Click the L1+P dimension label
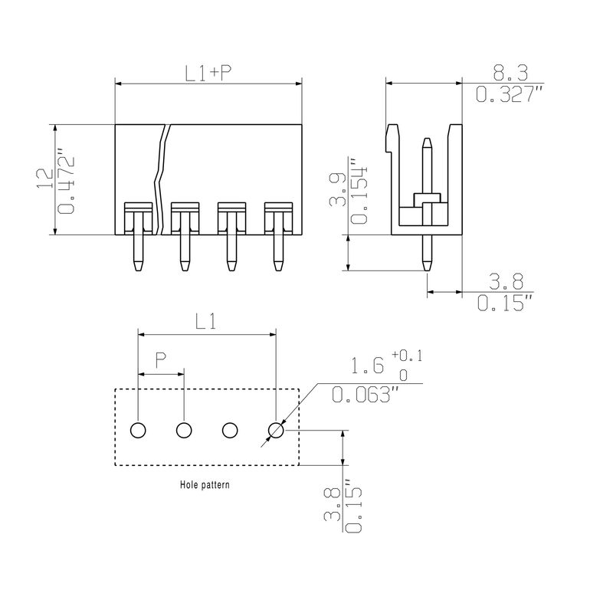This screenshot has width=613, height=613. click(208, 73)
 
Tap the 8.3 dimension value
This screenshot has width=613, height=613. click(510, 73)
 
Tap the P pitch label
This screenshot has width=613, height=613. click(161, 359)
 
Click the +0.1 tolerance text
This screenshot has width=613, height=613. click(405, 355)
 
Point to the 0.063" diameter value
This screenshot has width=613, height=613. click(366, 395)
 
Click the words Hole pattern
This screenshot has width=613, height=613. click(205, 485)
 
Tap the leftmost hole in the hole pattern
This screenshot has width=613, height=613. click(138, 431)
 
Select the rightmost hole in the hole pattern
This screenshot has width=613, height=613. click(276, 431)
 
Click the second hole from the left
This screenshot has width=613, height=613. click(184, 431)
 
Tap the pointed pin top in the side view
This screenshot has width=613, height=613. click(428, 142)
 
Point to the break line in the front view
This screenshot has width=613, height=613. click(162, 180)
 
